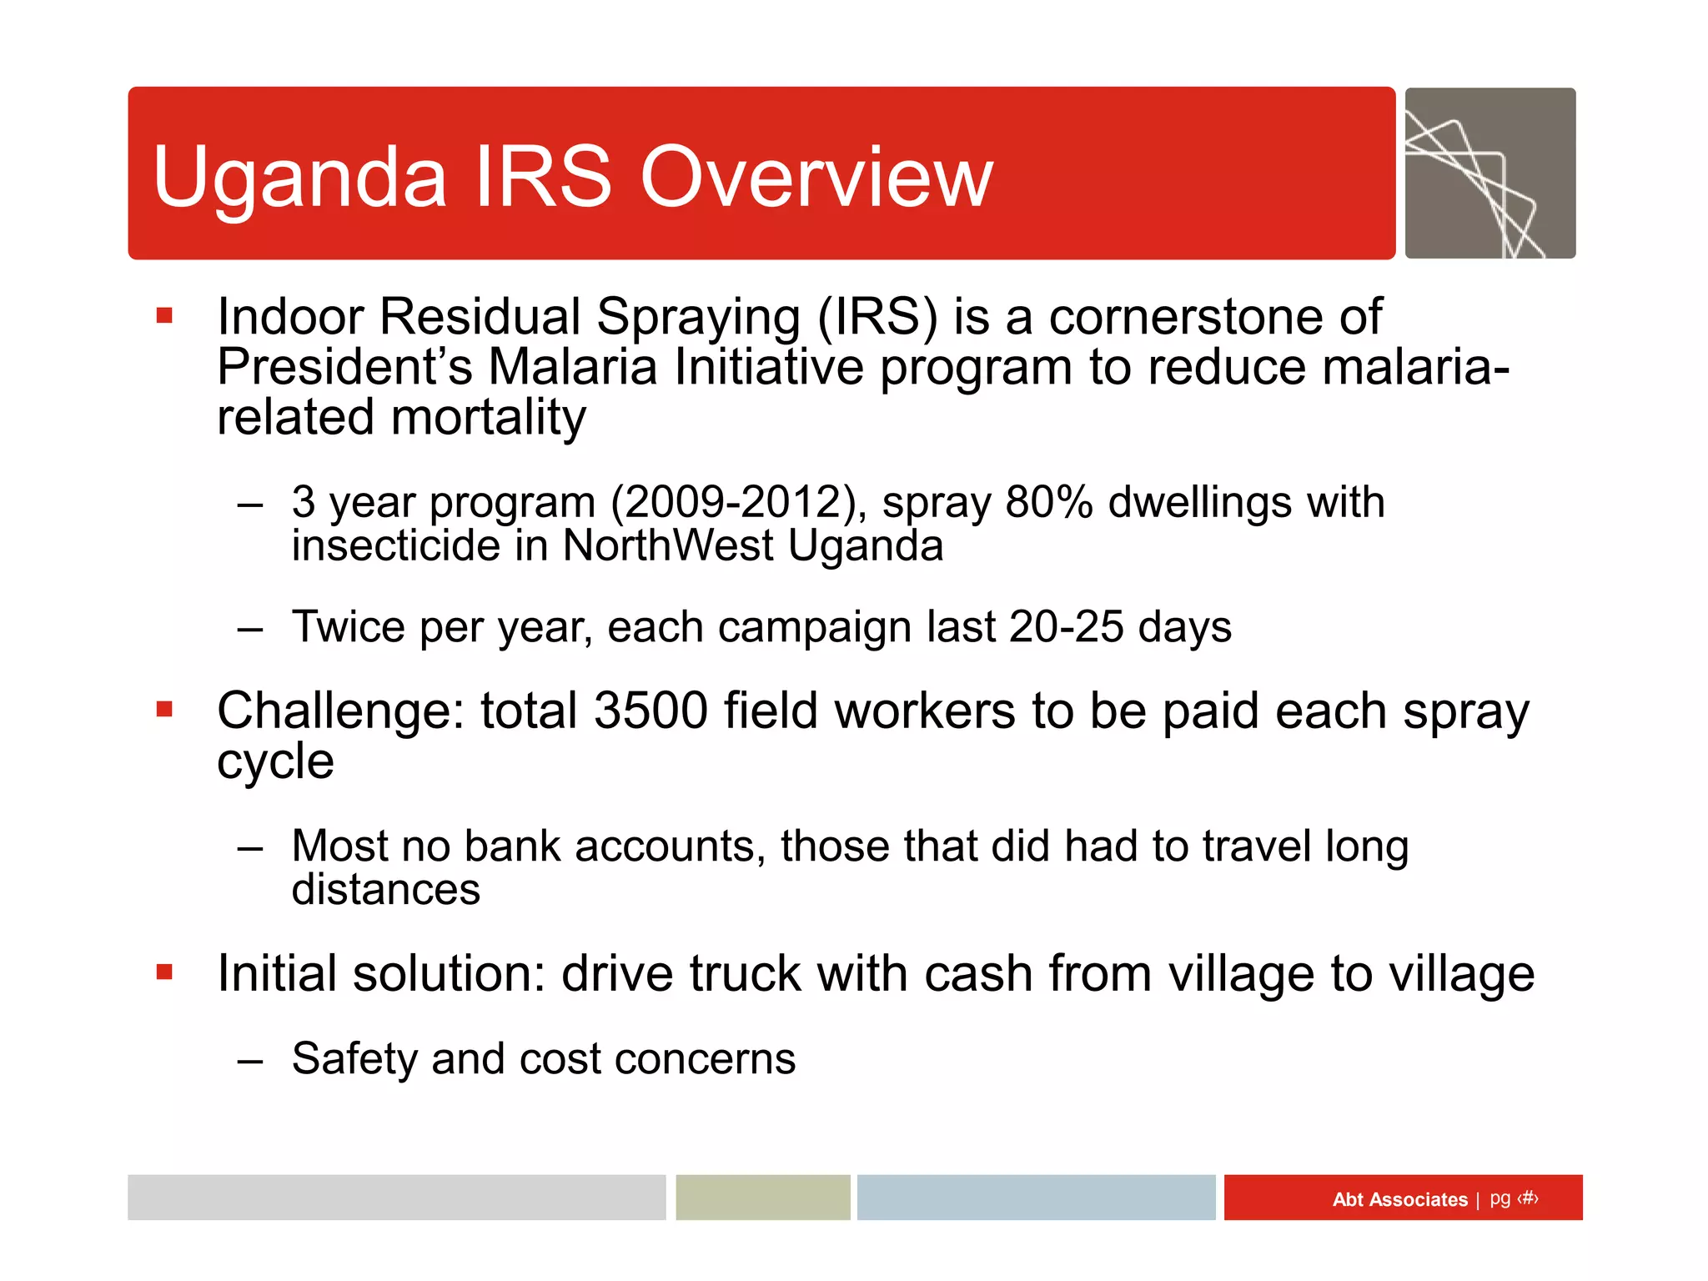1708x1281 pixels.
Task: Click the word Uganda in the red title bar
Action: pyautogui.click(x=300, y=177)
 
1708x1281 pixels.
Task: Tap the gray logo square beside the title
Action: pyautogui.click(x=1489, y=173)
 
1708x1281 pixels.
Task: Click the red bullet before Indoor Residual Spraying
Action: pyautogui.click(x=164, y=315)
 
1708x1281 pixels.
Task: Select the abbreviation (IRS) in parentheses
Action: pyautogui.click(x=877, y=317)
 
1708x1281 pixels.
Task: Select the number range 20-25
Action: pyautogui.click(x=1066, y=627)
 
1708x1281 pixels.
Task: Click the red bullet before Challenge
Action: pyautogui.click(x=164, y=710)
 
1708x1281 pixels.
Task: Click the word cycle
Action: pyautogui.click(x=275, y=762)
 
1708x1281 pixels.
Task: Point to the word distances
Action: pyautogui.click(x=385, y=890)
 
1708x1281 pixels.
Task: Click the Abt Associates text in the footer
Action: pyautogui.click(x=1399, y=1199)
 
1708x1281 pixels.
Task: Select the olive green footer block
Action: pyautogui.click(x=762, y=1198)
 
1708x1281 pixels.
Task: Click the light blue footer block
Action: pyautogui.click(x=1036, y=1198)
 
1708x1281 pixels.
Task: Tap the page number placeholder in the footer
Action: pyautogui.click(x=1527, y=1198)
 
